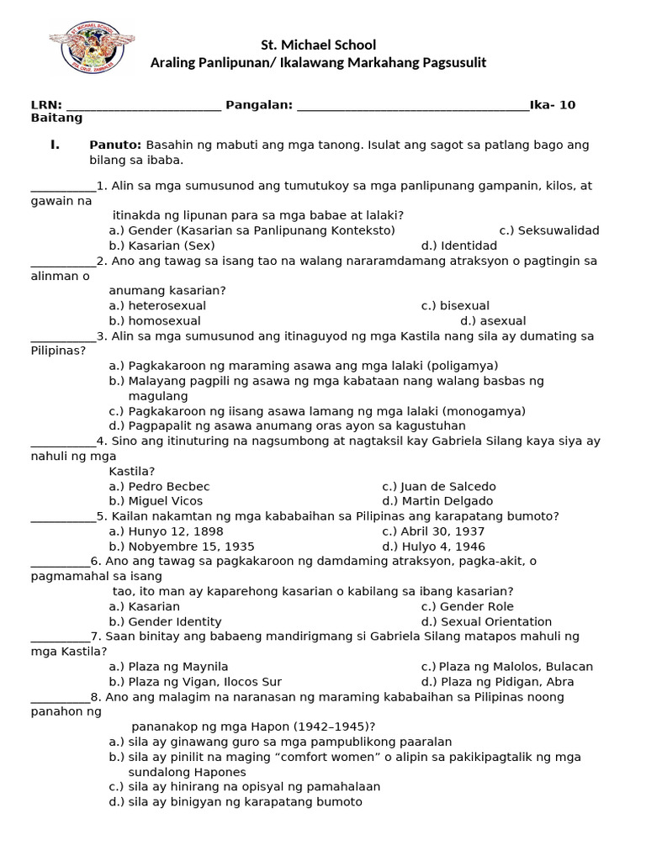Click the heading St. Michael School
point(317,45)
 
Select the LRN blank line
point(143,105)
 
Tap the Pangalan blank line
point(413,105)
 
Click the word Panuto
point(116,145)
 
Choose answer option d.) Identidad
point(459,246)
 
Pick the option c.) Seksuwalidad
point(548,230)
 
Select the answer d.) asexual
point(493,321)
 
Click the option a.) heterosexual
point(157,306)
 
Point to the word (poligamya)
point(462,366)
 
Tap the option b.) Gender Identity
point(165,622)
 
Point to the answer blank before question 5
point(63,517)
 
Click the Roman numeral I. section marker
point(55,145)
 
